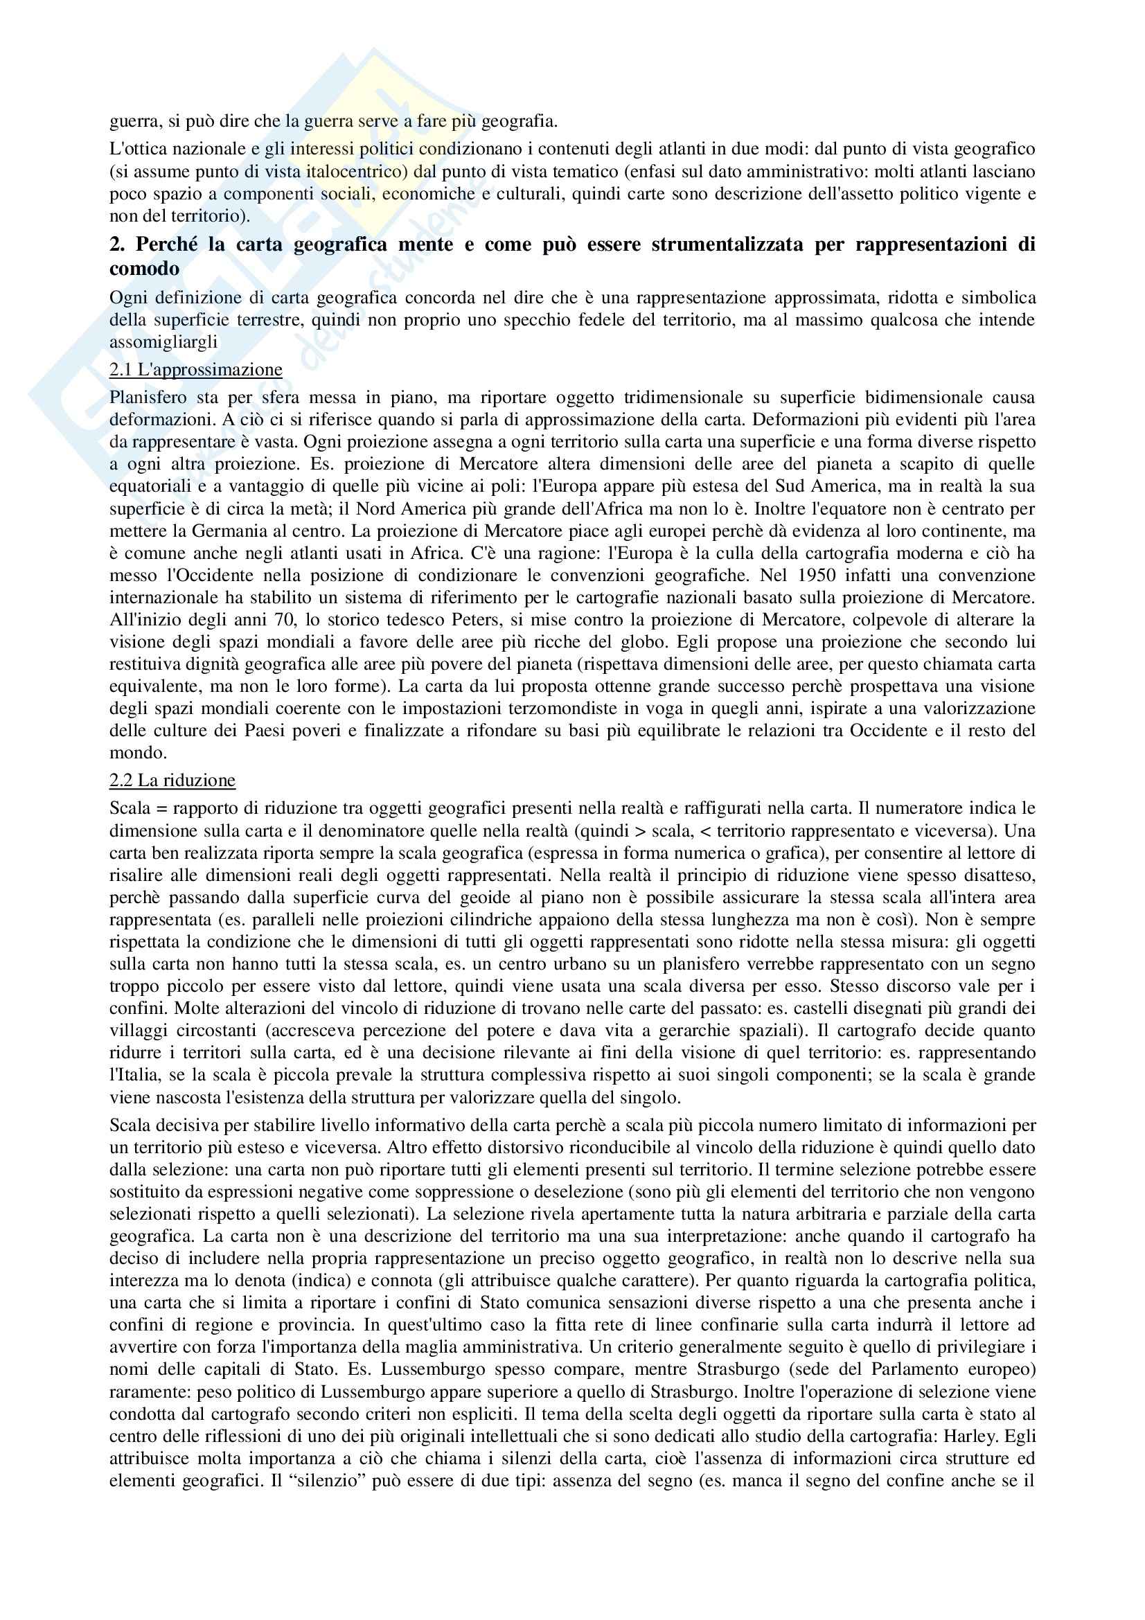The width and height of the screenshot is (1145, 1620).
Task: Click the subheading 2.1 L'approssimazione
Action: (195, 370)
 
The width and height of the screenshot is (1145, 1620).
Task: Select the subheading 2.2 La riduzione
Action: (172, 780)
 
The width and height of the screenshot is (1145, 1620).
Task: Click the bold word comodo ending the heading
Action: (144, 268)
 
